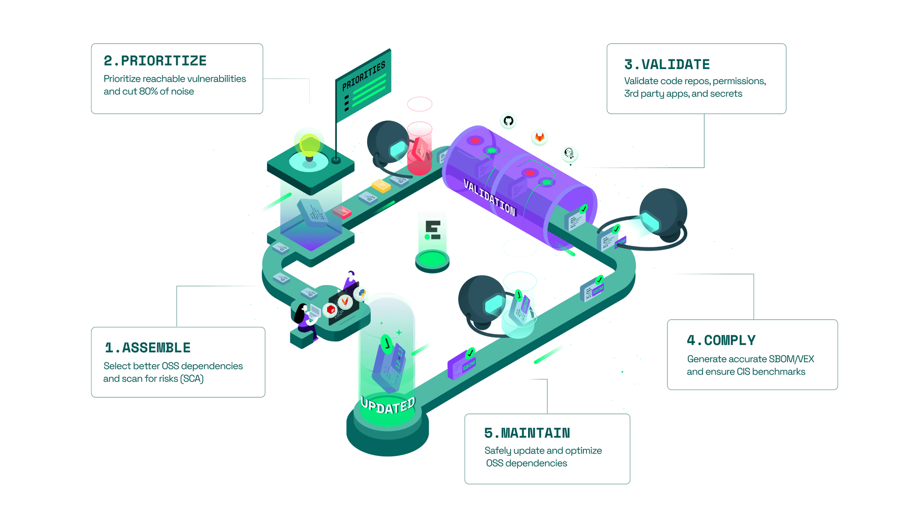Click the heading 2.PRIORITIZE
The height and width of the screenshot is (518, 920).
click(x=155, y=61)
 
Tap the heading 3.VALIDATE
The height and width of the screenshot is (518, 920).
click(x=667, y=64)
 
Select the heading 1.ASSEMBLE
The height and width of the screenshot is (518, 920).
click(x=148, y=348)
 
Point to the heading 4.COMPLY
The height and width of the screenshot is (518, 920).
click(x=721, y=340)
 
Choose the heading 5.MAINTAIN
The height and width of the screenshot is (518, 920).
click(x=527, y=433)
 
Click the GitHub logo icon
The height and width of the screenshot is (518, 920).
click(x=508, y=121)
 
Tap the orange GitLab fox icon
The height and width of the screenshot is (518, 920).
click(x=540, y=137)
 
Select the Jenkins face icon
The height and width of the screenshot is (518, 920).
click(x=569, y=154)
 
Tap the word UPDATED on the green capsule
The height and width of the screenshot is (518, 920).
click(x=388, y=406)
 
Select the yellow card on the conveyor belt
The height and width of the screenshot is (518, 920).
click(x=381, y=186)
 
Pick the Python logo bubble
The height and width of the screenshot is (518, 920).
click(x=362, y=293)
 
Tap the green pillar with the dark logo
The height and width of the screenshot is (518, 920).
click(x=432, y=239)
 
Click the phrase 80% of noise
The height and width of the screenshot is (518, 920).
click(x=166, y=91)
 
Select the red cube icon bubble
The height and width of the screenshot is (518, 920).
click(x=330, y=310)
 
